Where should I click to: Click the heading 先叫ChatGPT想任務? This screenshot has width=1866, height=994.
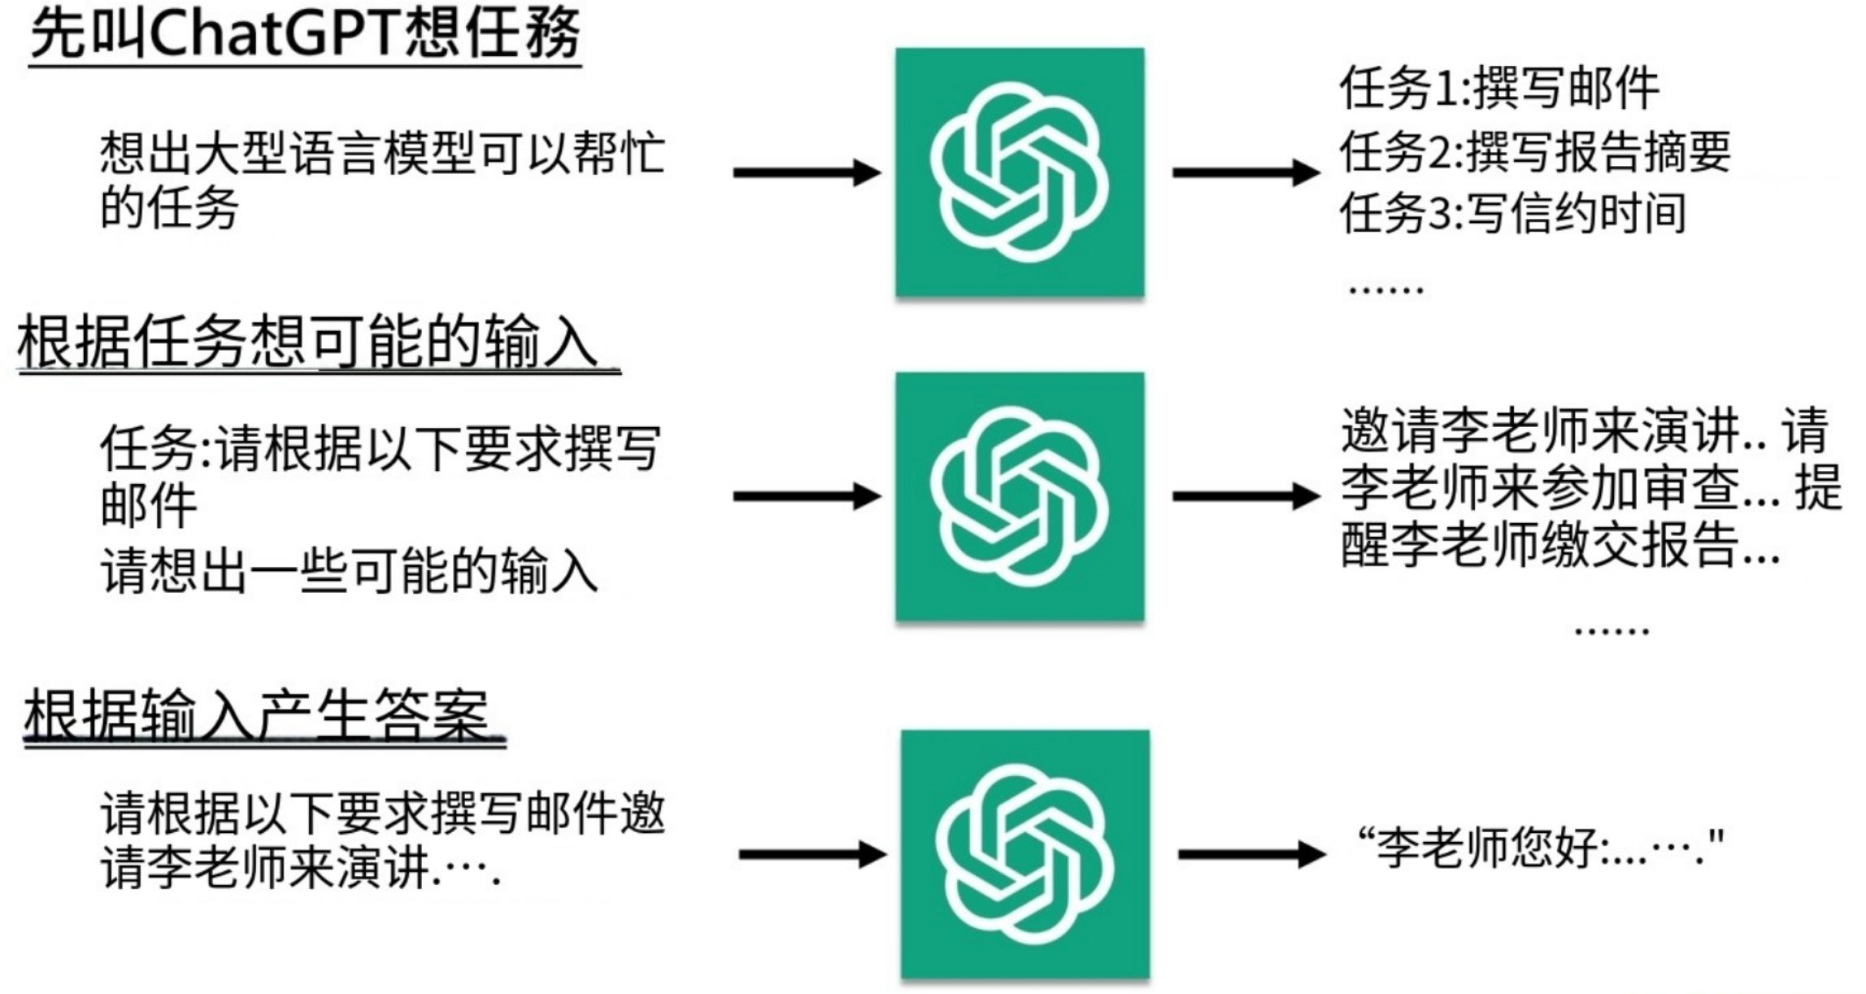click(x=305, y=34)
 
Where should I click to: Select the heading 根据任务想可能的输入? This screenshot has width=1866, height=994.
click(x=309, y=343)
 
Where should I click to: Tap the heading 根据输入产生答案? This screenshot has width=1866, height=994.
click(x=257, y=715)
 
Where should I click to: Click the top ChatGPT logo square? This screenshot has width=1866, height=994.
click(x=1020, y=172)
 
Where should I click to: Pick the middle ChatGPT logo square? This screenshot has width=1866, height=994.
click(x=1020, y=496)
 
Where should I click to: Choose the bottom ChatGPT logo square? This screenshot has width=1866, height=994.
click(x=1024, y=854)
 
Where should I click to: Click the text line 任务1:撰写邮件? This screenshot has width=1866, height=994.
click(x=1499, y=88)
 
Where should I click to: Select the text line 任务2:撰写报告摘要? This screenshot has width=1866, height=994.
click(x=1535, y=152)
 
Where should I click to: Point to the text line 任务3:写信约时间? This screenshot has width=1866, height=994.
click(x=1513, y=214)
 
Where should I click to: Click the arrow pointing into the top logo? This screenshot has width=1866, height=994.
click(x=807, y=172)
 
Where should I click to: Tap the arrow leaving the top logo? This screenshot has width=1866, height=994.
click(x=1246, y=172)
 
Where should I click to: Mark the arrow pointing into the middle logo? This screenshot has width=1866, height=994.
click(x=807, y=496)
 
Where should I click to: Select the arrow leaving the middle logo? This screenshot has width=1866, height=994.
click(x=1246, y=496)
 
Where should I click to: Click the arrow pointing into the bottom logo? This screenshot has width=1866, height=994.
click(x=811, y=854)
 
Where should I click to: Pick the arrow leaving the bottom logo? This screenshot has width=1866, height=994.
click(x=1251, y=854)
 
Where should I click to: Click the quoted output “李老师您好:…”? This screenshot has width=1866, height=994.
click(x=1541, y=848)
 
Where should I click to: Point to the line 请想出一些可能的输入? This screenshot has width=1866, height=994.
click(x=350, y=571)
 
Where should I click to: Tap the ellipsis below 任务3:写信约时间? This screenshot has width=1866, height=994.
click(x=1385, y=289)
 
